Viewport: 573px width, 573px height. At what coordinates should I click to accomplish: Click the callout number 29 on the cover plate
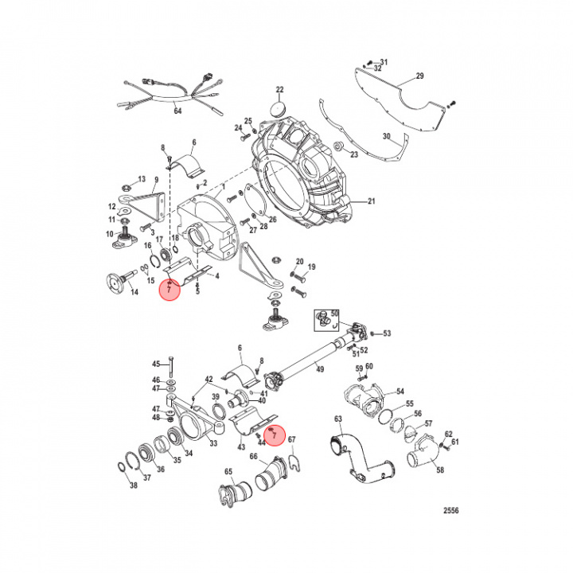tap(420, 76)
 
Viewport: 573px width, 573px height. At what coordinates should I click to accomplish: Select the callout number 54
tap(400, 391)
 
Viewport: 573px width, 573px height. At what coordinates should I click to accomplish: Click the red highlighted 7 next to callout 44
tap(274, 435)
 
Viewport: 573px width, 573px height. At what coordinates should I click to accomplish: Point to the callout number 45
tap(156, 363)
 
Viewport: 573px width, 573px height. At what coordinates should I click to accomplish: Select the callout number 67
tap(291, 439)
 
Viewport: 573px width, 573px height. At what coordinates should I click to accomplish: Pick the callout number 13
tap(142, 178)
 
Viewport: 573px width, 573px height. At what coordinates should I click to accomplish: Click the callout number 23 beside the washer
tap(354, 155)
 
